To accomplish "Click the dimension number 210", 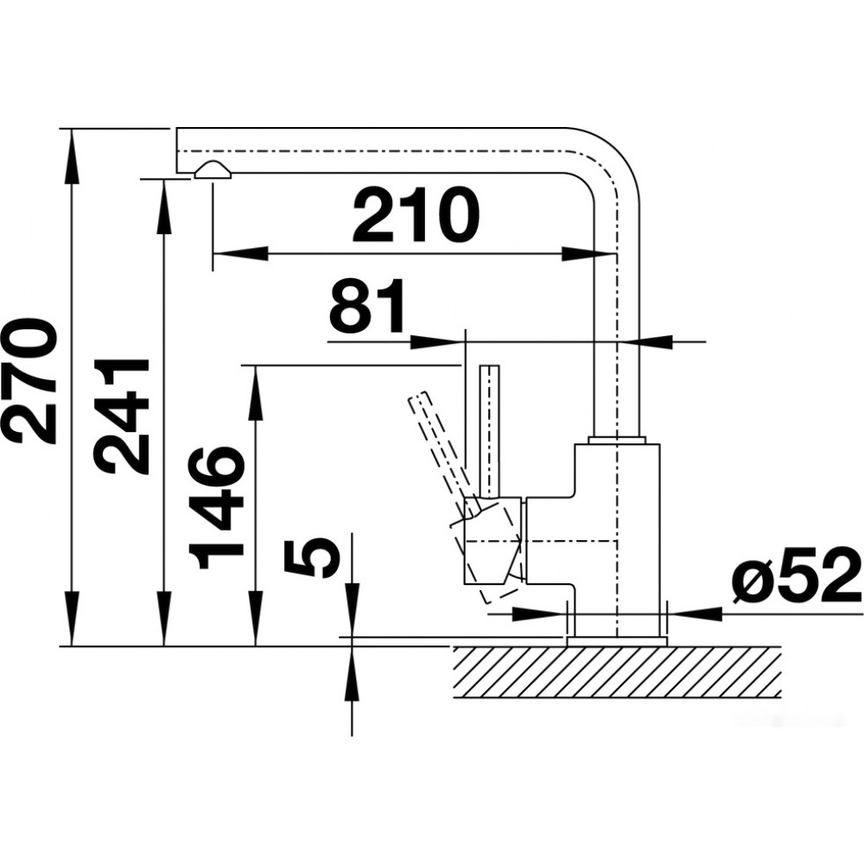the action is click(x=416, y=215).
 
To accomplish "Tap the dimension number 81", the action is click(x=365, y=307).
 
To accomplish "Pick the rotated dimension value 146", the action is click(x=216, y=507).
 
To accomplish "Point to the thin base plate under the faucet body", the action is click(x=617, y=641).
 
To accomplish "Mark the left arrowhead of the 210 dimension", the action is click(x=240, y=253).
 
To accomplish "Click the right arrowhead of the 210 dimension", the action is click(x=588, y=254).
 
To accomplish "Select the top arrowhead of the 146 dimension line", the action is click(x=255, y=391).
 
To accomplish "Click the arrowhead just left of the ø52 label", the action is click(x=695, y=613).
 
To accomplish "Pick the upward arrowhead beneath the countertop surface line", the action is click(x=352, y=673).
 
